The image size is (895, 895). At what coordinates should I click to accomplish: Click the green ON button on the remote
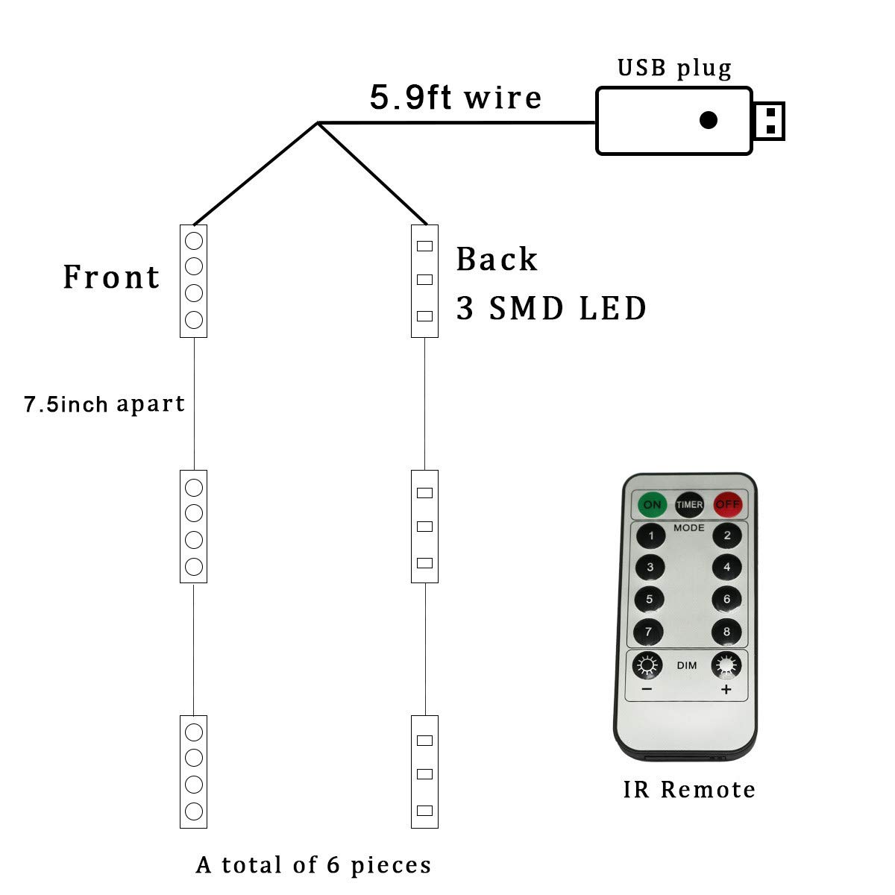(x=652, y=505)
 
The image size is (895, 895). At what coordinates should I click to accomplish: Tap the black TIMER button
(x=689, y=505)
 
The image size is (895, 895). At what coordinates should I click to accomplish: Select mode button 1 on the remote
(x=651, y=536)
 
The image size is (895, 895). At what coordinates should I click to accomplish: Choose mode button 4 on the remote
(x=726, y=567)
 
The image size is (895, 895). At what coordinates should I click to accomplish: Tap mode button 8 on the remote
(x=726, y=632)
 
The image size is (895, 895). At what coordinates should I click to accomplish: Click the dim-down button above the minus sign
(x=647, y=665)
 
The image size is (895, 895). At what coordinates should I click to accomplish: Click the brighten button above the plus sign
(x=726, y=665)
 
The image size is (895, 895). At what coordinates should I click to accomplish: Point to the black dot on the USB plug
(x=708, y=119)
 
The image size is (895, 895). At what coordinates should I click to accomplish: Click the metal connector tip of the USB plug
(x=770, y=121)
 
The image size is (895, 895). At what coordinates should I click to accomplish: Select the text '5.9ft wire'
(x=456, y=98)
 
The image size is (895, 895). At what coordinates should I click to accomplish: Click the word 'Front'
(x=111, y=277)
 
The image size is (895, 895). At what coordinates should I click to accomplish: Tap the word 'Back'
(x=497, y=260)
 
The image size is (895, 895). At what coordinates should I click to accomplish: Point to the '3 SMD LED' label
(x=551, y=308)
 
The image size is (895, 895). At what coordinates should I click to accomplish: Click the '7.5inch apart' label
(x=104, y=404)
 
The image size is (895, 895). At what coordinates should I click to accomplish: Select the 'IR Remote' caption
(x=689, y=789)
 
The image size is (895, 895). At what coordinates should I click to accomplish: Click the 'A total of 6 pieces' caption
(x=314, y=864)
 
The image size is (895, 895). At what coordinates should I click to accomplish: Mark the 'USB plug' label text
(x=674, y=68)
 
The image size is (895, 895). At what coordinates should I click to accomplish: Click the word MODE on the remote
(x=689, y=527)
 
